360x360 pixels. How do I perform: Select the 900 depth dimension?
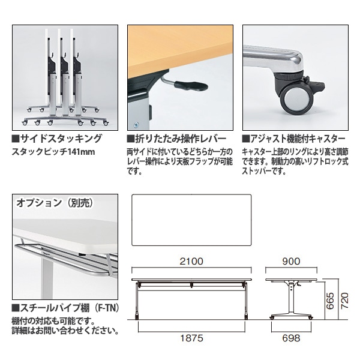[x=290, y=262]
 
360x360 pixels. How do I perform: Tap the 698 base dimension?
[x=291, y=338]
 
